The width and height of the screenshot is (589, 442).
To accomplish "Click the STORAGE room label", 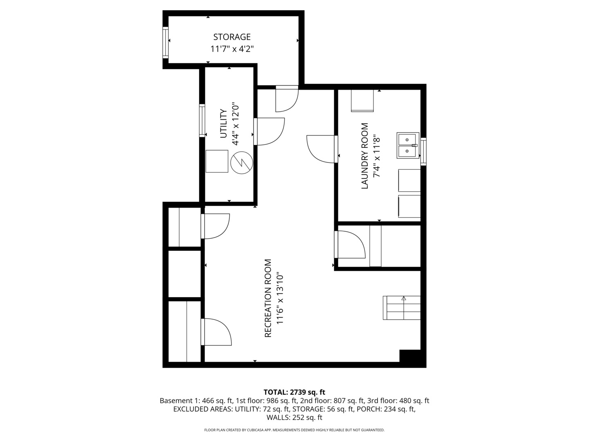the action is point(232,37).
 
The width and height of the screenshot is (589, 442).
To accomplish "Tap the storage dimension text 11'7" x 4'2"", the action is point(232,49).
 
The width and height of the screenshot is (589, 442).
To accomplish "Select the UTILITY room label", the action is point(223,124).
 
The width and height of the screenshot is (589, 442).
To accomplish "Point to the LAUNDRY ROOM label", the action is point(364,156).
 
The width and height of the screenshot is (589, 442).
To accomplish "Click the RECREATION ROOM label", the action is point(268,298).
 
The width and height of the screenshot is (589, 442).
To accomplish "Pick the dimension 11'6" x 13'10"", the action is point(280,299).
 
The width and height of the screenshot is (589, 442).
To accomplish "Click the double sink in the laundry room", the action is point(408,145).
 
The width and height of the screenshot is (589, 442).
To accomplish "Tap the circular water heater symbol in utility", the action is point(241,162).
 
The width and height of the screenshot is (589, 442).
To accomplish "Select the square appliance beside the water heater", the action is point(217,161).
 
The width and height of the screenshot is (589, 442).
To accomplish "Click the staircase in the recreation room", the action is point(401,308).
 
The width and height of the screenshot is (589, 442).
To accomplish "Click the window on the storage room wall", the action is point(166,43).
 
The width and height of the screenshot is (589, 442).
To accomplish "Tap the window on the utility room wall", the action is point(202,120).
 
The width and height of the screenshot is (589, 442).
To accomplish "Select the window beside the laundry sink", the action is point(423,151).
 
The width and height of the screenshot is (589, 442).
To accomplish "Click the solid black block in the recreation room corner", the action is point(410,356).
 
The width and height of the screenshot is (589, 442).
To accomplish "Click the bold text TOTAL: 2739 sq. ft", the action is point(294,392).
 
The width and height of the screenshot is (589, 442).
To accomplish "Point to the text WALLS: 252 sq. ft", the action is point(294,417).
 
